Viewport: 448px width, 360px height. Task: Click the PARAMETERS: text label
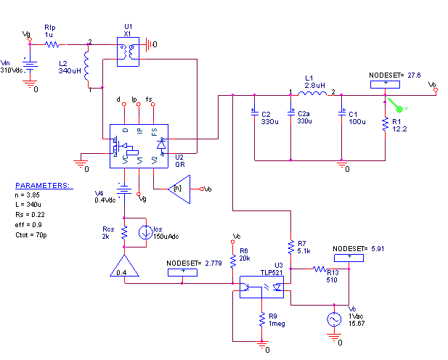44,186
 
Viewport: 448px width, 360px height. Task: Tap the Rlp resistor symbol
52,44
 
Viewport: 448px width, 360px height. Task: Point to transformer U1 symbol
128,50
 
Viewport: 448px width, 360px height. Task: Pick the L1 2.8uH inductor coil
311,94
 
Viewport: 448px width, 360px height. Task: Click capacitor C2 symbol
255,114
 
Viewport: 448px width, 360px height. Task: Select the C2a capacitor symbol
291,114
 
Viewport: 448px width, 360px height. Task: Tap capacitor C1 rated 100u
342,114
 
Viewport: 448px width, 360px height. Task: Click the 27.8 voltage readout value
414,75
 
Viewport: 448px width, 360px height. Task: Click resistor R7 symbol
291,247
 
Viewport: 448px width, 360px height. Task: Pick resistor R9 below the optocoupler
261,320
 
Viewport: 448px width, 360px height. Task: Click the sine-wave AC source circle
334,319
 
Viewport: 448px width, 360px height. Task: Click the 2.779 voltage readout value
213,263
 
